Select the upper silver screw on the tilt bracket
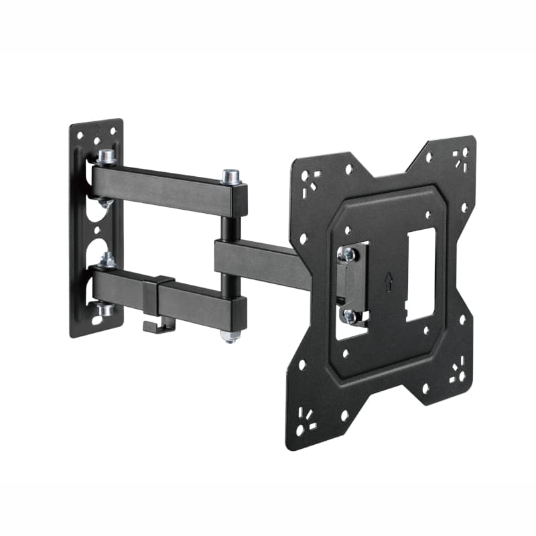click(347, 254)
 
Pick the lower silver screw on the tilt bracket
click(349, 314)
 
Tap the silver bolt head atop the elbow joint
click(231, 177)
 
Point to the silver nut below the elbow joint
click(230, 334)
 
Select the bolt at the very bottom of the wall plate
click(104, 310)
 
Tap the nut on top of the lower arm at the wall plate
click(106, 260)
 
